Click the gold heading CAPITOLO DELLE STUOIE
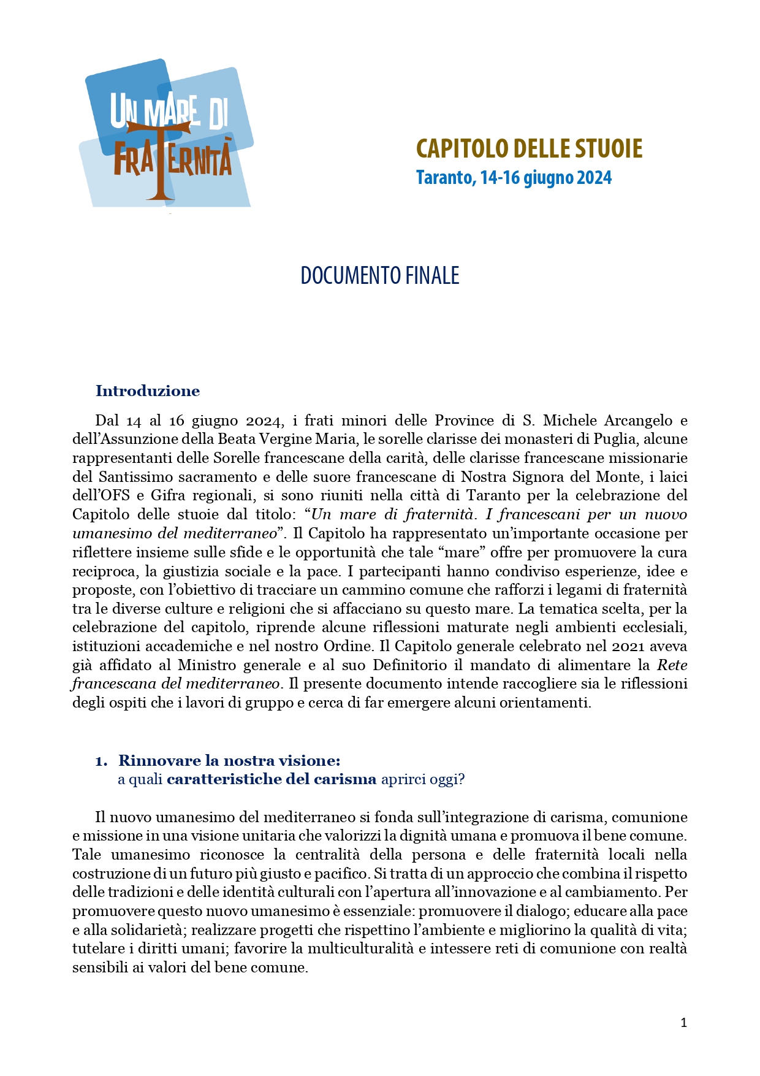coord(529,148)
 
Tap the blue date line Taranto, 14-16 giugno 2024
coord(514,178)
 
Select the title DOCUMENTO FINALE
coord(379,276)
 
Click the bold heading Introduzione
coord(148,391)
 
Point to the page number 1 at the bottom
coord(683,1022)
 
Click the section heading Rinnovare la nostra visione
coord(229,761)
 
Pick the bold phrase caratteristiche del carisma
coord(271,779)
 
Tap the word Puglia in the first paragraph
coord(615,439)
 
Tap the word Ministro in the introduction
coord(207,665)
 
